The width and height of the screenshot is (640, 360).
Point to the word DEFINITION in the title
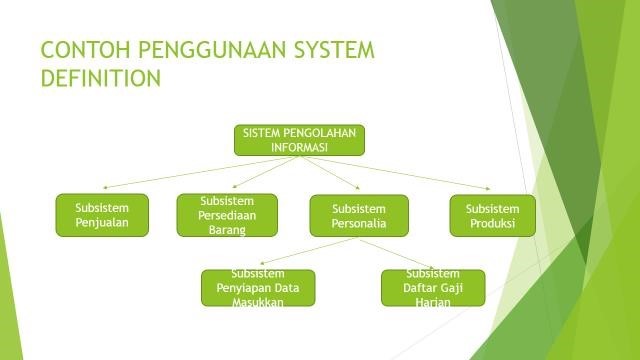[x=100, y=78]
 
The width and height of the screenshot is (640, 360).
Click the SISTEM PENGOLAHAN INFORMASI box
[x=299, y=140]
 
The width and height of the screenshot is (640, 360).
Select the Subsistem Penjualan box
[x=102, y=215]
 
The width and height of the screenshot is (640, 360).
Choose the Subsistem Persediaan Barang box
[x=227, y=215]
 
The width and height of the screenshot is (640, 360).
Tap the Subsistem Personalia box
[x=358, y=215]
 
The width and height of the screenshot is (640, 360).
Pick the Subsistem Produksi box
[x=492, y=215]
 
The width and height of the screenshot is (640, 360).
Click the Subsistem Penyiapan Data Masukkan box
[x=258, y=288]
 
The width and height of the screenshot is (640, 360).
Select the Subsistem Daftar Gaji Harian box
[x=432, y=288]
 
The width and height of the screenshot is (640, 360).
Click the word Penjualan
[x=102, y=224]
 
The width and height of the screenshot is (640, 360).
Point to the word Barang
[x=227, y=228]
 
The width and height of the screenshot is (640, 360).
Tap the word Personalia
[x=358, y=224]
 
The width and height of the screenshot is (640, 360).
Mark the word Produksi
[x=492, y=224]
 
